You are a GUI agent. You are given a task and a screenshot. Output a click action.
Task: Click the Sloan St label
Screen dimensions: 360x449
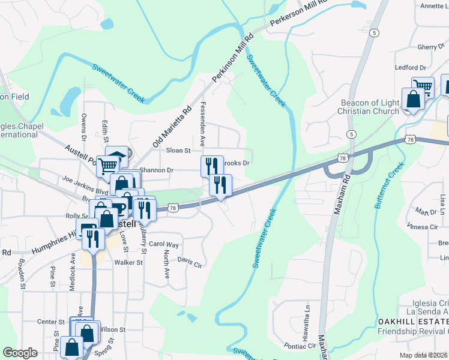(178, 151)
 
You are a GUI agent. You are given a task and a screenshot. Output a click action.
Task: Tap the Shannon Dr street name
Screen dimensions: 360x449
(156, 170)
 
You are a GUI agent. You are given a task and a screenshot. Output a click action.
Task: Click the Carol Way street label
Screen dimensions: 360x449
(164, 245)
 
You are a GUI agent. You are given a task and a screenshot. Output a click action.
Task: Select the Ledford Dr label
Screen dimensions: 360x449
(410, 68)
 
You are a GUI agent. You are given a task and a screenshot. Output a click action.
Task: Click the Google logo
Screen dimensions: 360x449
(20, 352)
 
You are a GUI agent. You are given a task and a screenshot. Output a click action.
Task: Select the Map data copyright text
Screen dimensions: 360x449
(424, 355)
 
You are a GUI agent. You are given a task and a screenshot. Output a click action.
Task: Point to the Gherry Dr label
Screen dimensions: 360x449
(430, 47)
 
